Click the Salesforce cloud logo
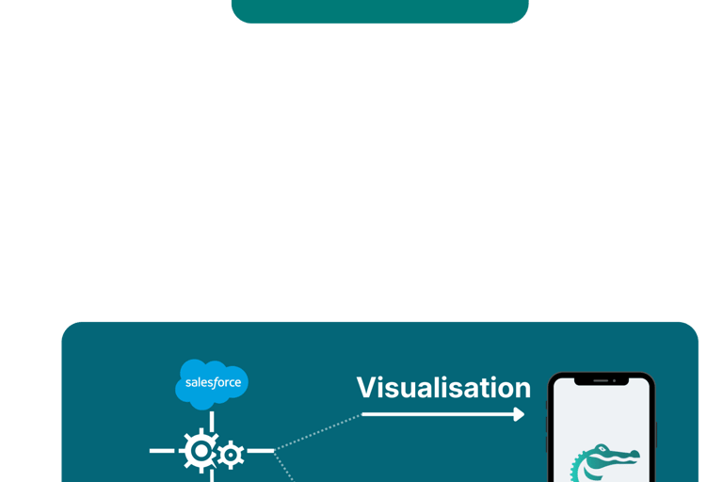click(x=212, y=384)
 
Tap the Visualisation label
click(x=443, y=387)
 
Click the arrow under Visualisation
click(x=442, y=413)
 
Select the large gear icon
click(x=200, y=452)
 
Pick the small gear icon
click(x=230, y=456)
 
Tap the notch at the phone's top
click(x=602, y=382)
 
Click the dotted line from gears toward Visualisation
click(x=315, y=432)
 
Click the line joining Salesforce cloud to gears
click(x=212, y=420)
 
